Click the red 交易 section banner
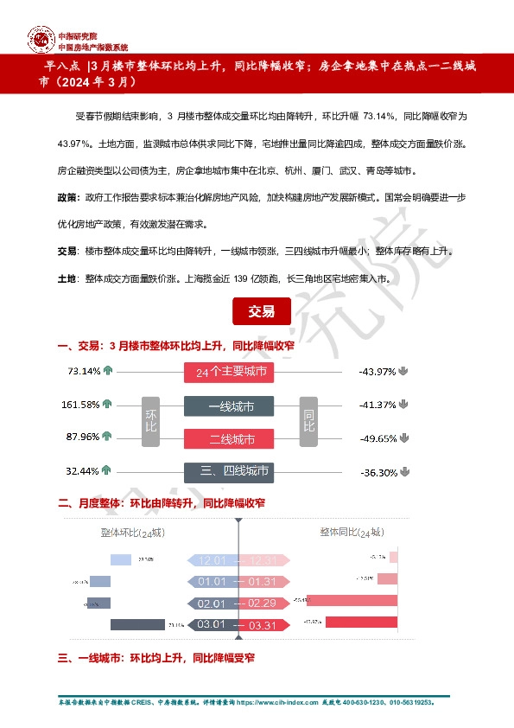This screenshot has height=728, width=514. (x=262, y=311)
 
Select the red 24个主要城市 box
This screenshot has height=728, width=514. (x=229, y=373)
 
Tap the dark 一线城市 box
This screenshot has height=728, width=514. (x=229, y=406)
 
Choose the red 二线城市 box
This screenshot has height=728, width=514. (x=229, y=438)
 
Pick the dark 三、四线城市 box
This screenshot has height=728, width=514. (x=229, y=471)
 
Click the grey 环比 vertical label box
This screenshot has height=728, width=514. (x=151, y=422)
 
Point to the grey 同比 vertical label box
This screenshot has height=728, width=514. (x=308, y=422)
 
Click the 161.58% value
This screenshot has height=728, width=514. (x=79, y=405)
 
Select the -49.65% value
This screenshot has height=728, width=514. (x=378, y=438)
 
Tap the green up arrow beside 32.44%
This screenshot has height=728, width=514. (x=106, y=471)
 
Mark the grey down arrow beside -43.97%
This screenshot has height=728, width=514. (x=403, y=372)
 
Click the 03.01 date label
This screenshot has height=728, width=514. (x=212, y=624)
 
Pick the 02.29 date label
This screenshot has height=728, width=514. (x=262, y=603)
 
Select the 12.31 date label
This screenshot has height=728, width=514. (x=262, y=560)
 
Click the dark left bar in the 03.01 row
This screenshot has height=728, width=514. (x=137, y=624)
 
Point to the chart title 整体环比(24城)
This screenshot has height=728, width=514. (x=132, y=533)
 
